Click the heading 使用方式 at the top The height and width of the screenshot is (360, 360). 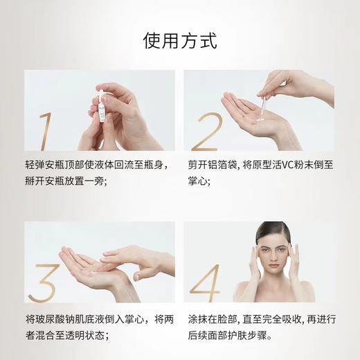click(x=179, y=39)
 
